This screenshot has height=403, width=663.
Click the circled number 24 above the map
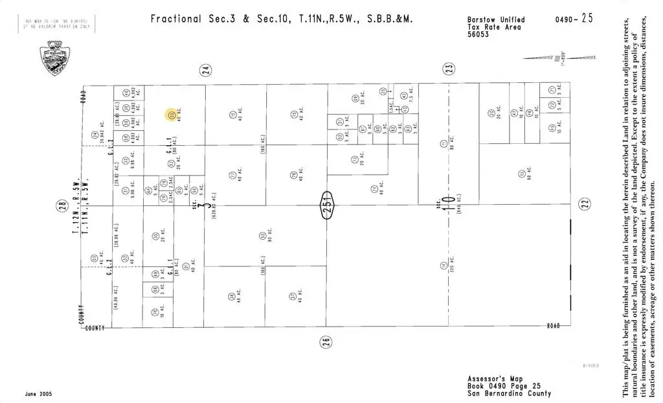(x=206, y=71)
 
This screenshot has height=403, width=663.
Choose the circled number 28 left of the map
(x=62, y=206)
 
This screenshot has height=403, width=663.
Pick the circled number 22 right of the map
(x=585, y=204)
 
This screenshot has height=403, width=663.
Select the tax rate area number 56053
(x=478, y=35)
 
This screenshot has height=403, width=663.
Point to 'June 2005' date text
(x=38, y=394)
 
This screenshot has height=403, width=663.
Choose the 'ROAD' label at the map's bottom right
(x=553, y=326)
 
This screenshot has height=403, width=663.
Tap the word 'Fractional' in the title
(x=176, y=19)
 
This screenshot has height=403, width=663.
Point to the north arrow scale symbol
(x=547, y=58)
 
